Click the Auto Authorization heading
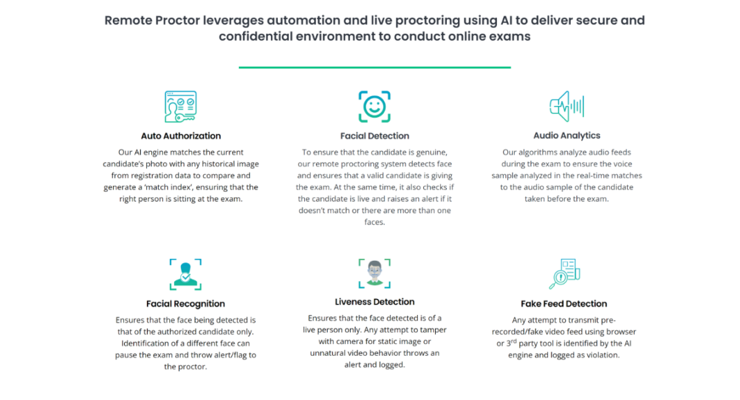click(181, 136)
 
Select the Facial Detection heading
click(374, 136)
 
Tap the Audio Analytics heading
click(566, 136)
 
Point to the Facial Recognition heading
click(185, 304)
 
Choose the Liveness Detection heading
click(374, 302)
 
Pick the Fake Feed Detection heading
click(563, 304)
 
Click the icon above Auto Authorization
click(180, 107)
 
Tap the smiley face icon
click(374, 107)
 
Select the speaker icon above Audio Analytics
click(566, 106)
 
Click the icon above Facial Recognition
click(185, 274)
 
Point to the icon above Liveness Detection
click(374, 273)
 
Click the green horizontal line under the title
click(374, 67)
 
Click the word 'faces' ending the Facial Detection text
click(374, 223)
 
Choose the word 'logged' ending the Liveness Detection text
click(391, 365)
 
